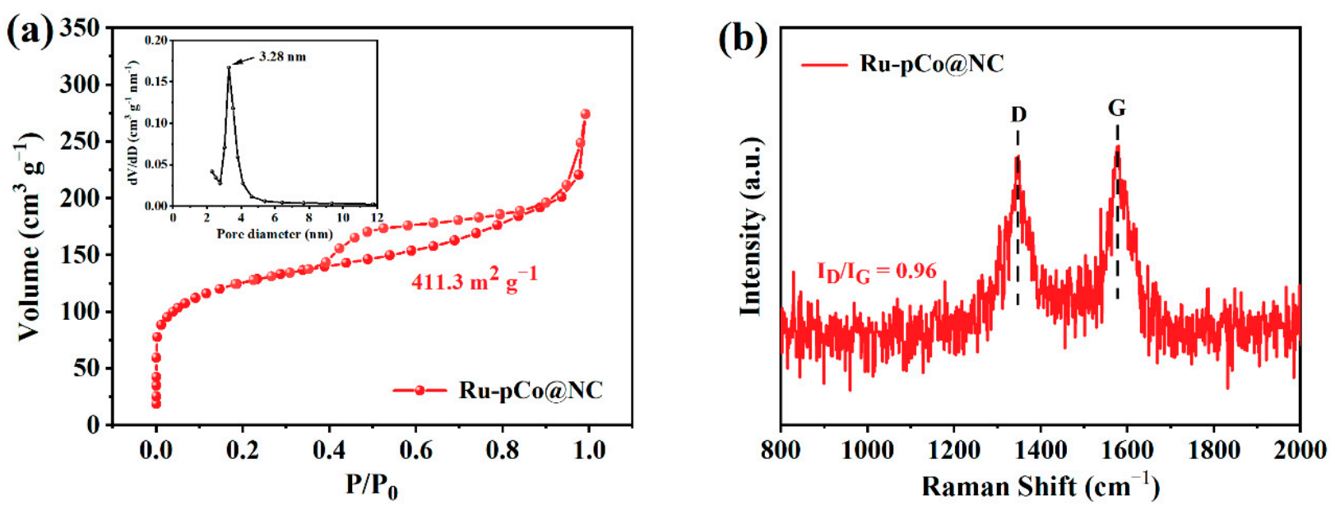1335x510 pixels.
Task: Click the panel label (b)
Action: pyautogui.click(x=743, y=38)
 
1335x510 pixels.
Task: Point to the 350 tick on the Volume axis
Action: pyautogui.click(x=80, y=29)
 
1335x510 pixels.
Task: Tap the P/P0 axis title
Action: pyautogui.click(x=371, y=485)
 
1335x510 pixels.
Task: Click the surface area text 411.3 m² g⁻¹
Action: pyautogui.click(x=475, y=280)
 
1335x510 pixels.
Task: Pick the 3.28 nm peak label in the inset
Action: pyautogui.click(x=282, y=57)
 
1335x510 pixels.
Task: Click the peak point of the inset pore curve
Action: pyautogui.click(x=229, y=67)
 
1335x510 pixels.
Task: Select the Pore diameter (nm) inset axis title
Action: pyautogui.click(x=275, y=234)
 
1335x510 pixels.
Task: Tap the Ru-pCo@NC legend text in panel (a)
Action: pyautogui.click(x=531, y=390)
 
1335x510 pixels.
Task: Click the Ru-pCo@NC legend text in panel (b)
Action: pyautogui.click(x=931, y=63)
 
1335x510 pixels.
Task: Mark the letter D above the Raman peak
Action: pyautogui.click(x=1018, y=114)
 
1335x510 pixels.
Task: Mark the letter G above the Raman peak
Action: pyautogui.click(x=1116, y=108)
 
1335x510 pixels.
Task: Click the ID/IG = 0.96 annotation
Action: pyautogui.click(x=876, y=271)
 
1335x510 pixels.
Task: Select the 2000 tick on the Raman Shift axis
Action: pyautogui.click(x=1299, y=450)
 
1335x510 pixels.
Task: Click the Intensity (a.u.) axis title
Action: pyautogui.click(x=750, y=226)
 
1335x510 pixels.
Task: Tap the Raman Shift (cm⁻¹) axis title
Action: pyautogui.click(x=1040, y=486)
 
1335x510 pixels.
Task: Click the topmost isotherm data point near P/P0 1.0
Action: pyautogui.click(x=585, y=114)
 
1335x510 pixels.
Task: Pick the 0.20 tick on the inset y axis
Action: pyautogui.click(x=155, y=39)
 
